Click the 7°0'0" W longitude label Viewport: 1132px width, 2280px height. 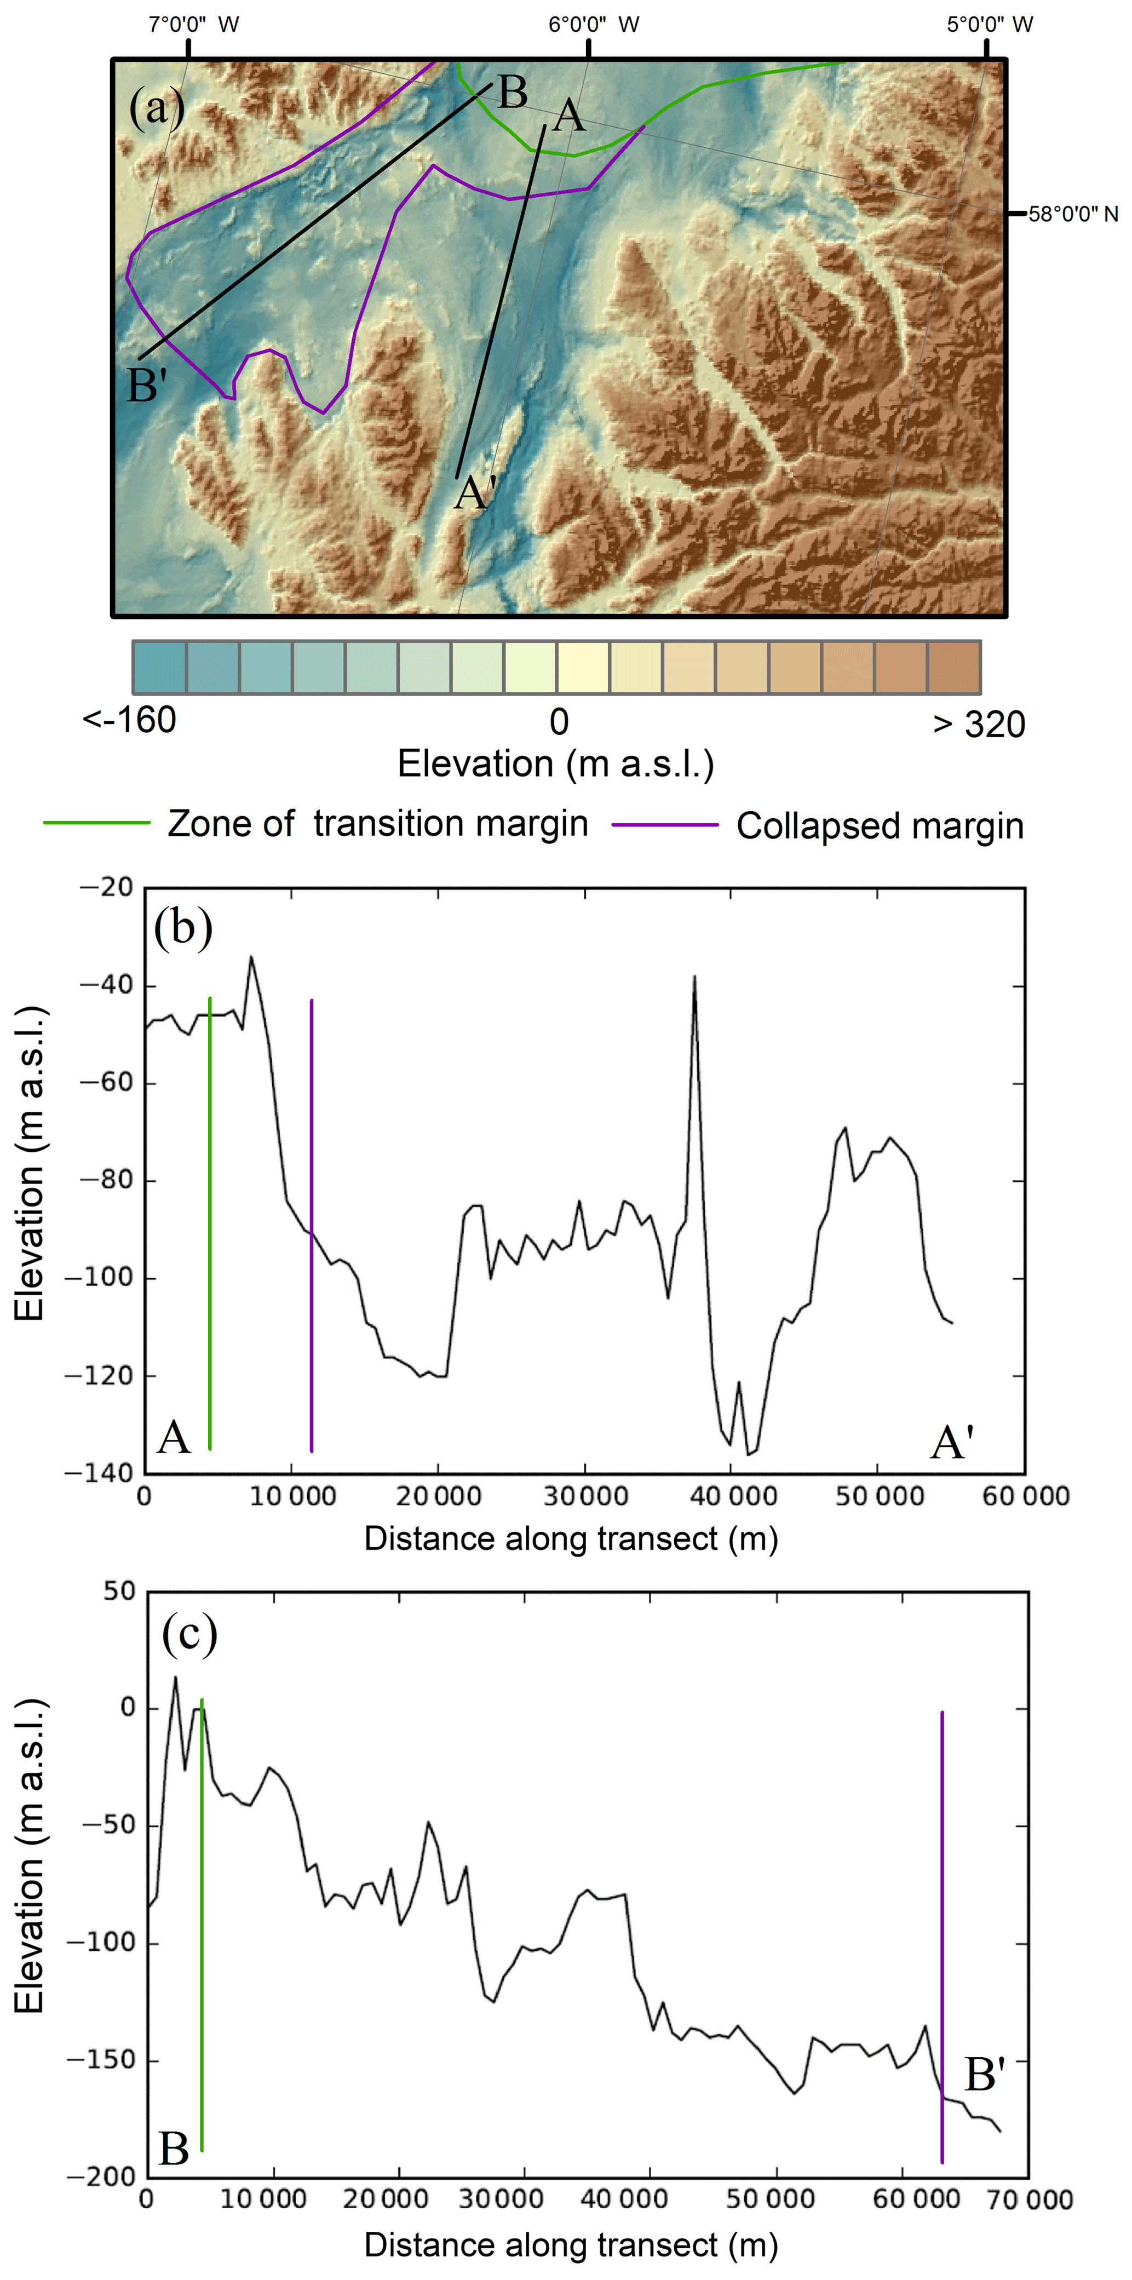coord(193,24)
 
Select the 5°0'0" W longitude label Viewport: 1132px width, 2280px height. coord(990,24)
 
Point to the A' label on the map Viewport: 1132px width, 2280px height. coord(475,493)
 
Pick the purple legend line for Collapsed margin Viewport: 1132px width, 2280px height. coord(665,825)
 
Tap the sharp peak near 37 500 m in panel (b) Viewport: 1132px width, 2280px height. coord(695,978)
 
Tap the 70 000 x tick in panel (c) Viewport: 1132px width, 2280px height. coord(1030,2199)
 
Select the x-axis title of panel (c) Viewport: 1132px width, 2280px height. coord(571,2244)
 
